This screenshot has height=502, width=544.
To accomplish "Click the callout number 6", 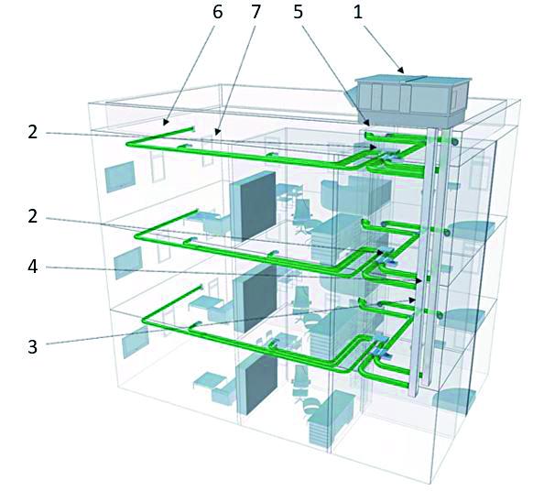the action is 217,13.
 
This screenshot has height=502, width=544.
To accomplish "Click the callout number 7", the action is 256,13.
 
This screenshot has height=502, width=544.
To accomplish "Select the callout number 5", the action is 299,13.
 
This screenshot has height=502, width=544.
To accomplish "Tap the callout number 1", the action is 358,13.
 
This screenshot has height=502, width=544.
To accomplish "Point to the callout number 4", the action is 33,267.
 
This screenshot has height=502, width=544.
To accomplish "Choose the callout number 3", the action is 33,346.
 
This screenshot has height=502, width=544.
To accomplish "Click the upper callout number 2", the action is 33,132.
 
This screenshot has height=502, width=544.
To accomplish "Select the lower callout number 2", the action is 33,217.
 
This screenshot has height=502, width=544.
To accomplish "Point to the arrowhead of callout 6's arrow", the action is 166,122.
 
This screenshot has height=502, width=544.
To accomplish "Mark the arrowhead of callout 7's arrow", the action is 217,132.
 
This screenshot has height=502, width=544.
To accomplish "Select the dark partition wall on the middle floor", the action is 251,299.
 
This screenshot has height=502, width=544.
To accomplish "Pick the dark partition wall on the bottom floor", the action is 256,385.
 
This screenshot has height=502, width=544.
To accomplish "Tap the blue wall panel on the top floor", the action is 120,177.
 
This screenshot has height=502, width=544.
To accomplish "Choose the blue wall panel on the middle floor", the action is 128,263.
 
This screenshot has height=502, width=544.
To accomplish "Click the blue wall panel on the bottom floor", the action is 136,342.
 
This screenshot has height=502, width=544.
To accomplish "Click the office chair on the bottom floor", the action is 300,383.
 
